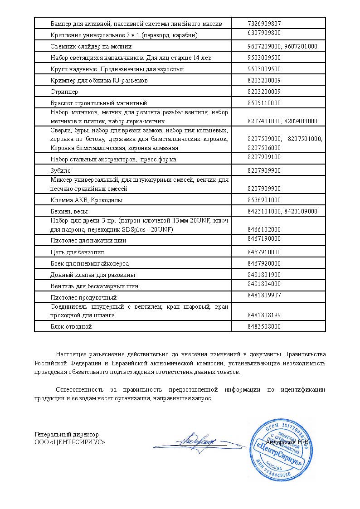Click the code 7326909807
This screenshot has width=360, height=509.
tap(264, 23)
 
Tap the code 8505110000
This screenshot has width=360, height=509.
tap(264, 103)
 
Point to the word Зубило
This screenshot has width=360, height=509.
tap(59, 171)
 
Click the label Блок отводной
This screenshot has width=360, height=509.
tap(71, 327)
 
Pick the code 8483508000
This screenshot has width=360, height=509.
tap(264, 326)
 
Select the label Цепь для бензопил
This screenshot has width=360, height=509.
tap(74, 252)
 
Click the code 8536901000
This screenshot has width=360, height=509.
tap(264, 200)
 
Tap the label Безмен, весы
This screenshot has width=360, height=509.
tap(69, 212)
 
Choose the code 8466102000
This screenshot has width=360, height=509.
tap(264, 229)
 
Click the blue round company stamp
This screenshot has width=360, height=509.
tap(280, 451)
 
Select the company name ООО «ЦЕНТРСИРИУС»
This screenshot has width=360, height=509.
tap(69, 442)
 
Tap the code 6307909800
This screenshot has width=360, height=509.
tap(264, 33)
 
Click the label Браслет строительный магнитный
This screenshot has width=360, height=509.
tap(99, 103)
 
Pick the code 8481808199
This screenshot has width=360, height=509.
tap(264, 315)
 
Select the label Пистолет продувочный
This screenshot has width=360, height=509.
tap(83, 298)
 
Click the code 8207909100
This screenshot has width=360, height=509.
tap(264, 157)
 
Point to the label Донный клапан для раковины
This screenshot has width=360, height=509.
tap(93, 275)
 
